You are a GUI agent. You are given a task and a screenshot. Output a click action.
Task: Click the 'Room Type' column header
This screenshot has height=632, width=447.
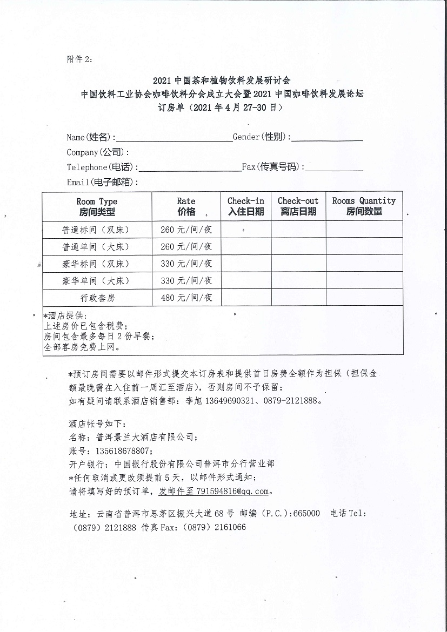click(x=97, y=206)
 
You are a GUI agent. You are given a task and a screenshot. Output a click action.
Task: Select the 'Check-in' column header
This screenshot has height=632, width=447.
click(x=246, y=206)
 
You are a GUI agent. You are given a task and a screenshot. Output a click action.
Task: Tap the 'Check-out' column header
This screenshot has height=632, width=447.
click(x=298, y=206)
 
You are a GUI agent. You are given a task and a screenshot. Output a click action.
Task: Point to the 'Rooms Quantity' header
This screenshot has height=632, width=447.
click(x=364, y=206)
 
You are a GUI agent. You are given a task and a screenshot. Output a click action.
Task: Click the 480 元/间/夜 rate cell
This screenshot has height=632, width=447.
click(x=186, y=298)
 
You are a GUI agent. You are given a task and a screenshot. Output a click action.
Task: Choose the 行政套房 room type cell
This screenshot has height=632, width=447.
click(x=97, y=298)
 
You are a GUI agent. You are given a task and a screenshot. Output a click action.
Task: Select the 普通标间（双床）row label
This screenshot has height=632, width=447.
click(x=97, y=230)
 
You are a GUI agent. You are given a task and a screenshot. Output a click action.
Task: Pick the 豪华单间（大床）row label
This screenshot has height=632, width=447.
click(x=97, y=281)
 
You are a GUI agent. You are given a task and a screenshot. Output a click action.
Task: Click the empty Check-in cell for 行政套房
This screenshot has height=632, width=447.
click(x=246, y=298)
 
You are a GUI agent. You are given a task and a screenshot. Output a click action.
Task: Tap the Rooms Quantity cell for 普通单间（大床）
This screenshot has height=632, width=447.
click(x=364, y=247)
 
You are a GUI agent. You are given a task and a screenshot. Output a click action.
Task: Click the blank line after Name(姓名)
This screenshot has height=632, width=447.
click(x=174, y=138)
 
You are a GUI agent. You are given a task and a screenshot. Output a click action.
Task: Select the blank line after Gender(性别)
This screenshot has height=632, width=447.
click(x=327, y=138)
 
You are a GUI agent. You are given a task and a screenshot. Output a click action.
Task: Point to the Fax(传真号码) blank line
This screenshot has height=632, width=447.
click(x=334, y=167)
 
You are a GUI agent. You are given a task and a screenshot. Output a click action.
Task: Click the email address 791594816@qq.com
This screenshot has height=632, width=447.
click(x=233, y=492)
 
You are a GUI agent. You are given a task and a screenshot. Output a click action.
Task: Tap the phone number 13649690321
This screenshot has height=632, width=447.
click(x=217, y=401)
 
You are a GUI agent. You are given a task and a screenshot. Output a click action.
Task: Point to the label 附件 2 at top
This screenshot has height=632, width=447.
click(x=79, y=59)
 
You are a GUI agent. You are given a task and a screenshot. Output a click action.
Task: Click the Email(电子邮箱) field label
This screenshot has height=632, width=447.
click(x=102, y=182)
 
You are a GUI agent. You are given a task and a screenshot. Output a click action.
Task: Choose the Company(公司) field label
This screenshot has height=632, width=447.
click(x=98, y=152)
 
